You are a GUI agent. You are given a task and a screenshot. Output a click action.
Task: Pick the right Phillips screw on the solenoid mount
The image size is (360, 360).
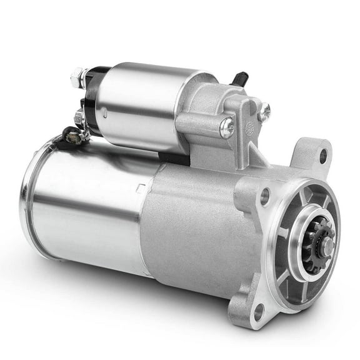[264, 111]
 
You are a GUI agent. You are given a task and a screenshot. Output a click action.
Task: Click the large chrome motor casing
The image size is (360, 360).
[87, 200]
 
